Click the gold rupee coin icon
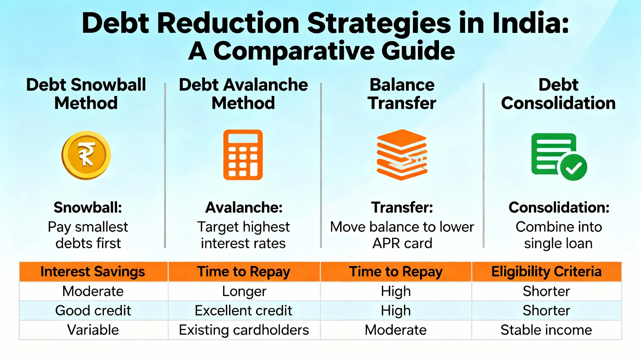(x=86, y=155)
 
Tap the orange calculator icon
(x=243, y=155)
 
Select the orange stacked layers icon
(x=402, y=155)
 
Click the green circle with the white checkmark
(x=574, y=167)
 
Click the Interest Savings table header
(x=93, y=271)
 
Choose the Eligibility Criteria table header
(x=546, y=271)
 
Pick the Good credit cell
(x=93, y=311)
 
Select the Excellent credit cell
(x=244, y=311)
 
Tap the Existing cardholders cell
(x=244, y=330)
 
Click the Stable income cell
(x=546, y=330)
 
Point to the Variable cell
(x=93, y=330)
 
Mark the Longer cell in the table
(x=244, y=291)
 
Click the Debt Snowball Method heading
(x=86, y=94)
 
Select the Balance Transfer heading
(x=402, y=94)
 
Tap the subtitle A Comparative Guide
(x=321, y=51)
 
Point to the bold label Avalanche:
(x=244, y=207)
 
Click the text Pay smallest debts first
(x=88, y=235)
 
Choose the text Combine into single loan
(x=559, y=235)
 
